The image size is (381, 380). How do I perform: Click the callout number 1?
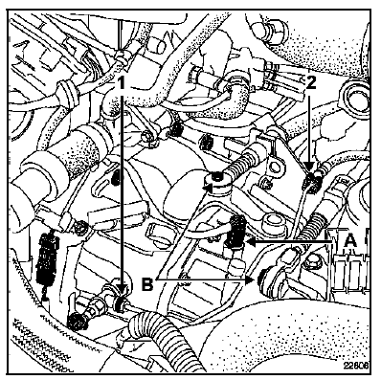[x=121, y=84]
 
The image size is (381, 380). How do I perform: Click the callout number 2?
[x=310, y=83]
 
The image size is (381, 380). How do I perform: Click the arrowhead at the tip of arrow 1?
[x=121, y=290]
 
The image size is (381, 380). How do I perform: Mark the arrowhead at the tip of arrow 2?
[x=309, y=167]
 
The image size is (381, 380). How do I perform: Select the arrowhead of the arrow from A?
[x=252, y=242]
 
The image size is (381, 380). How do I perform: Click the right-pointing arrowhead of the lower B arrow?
[x=250, y=280]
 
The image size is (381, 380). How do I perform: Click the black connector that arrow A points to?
[x=235, y=232]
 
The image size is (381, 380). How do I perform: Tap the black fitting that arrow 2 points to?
[x=310, y=182]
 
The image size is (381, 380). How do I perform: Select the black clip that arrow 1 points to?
[x=122, y=303]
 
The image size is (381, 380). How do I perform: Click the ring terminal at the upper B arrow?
[x=218, y=181]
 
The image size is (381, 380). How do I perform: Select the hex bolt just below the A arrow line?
[x=308, y=263]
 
